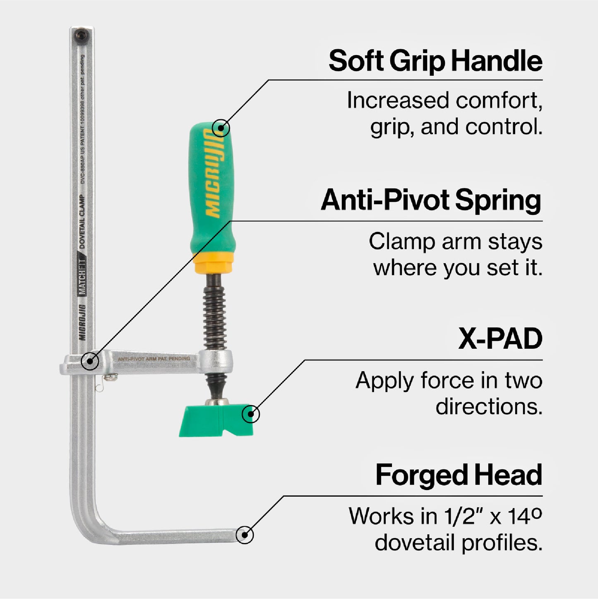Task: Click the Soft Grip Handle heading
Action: pos(435,61)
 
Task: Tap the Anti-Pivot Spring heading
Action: pos(431,200)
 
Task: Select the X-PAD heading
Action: pos(500,339)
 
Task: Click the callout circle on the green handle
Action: pos(221,128)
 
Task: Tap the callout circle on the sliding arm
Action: pos(90,361)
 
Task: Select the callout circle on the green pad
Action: pos(250,413)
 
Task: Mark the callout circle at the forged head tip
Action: pos(245,535)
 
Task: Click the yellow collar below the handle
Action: pos(214,263)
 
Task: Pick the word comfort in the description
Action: pos(499,101)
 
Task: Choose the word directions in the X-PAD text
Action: pos(489,407)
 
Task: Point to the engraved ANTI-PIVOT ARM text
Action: pos(154,359)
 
